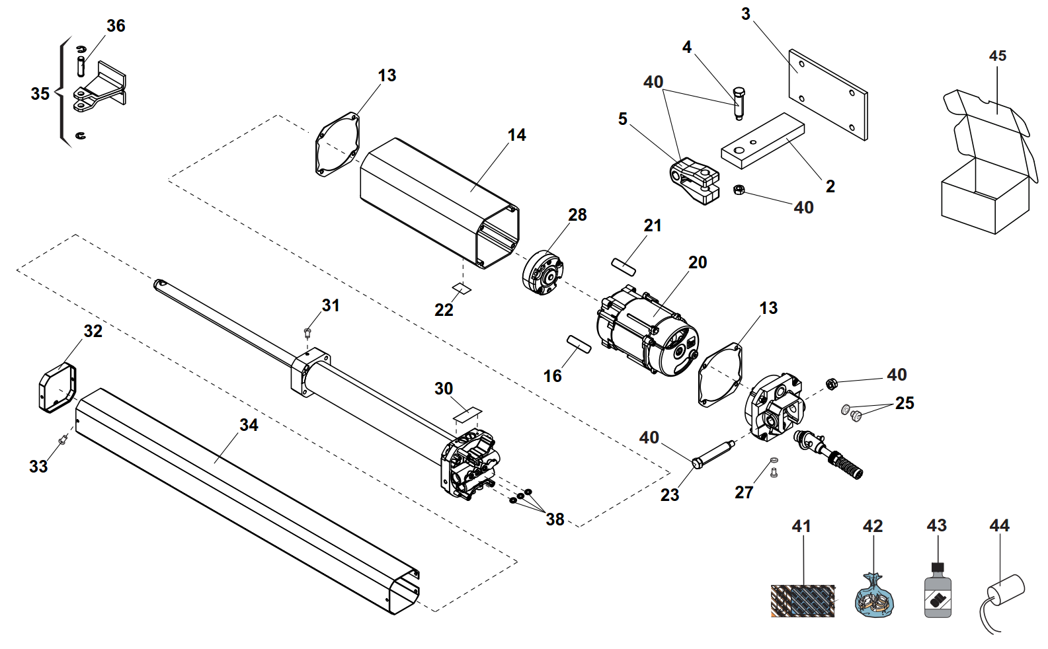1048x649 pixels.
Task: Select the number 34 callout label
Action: pos(249,425)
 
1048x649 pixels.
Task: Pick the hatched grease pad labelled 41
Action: pos(803,601)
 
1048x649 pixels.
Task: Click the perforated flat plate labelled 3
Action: pos(827,95)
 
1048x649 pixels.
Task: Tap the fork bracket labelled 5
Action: pos(694,180)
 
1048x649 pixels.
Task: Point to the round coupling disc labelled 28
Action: pos(543,273)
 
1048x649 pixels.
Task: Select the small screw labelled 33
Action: pos(63,440)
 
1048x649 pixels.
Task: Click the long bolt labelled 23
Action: pos(712,454)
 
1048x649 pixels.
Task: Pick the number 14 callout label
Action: pos(516,135)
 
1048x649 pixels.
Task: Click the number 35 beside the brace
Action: pos(40,94)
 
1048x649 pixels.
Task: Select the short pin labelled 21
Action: pos(624,266)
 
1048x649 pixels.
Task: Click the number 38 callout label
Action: pos(555,519)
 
